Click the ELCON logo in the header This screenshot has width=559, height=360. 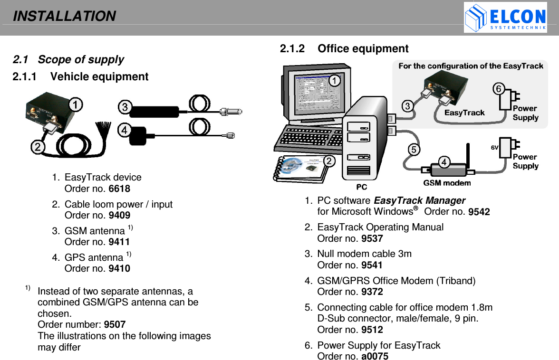pos(505,18)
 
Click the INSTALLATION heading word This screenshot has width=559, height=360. pos(64,17)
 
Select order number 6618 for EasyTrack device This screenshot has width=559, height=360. pos(119,189)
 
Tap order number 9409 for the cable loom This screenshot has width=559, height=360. pos(119,215)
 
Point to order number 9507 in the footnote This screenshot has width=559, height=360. pos(115,325)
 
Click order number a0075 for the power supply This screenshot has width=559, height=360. pos(375,356)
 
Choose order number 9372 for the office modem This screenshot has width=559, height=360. pos(372,292)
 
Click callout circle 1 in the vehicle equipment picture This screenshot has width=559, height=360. pos(76,104)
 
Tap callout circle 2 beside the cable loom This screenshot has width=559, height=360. pos(38,147)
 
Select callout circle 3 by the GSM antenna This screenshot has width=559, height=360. pos(125,107)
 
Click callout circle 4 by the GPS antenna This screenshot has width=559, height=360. pos(125,129)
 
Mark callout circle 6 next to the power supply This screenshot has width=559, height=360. pos(498,89)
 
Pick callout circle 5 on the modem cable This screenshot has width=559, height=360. pos(414,150)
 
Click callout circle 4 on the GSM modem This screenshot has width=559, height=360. pos(444,162)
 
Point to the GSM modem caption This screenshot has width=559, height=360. pos(447,183)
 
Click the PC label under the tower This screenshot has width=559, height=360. pos(362,187)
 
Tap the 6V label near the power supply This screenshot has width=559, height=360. pos(494,148)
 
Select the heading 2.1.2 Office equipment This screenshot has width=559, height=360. pos(344,49)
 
